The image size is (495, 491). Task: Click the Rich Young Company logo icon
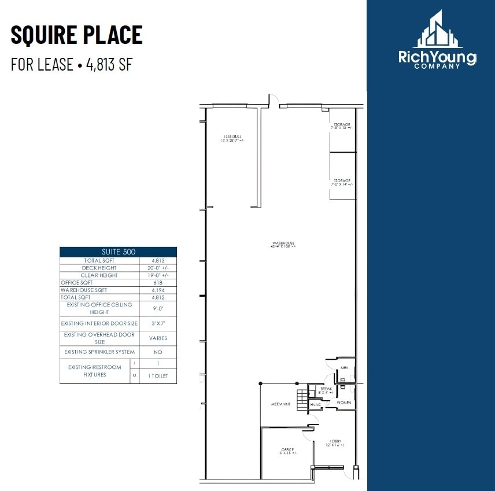tap(437, 30)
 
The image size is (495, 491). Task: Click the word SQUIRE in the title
tap(43, 35)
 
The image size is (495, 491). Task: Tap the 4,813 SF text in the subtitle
tap(109, 64)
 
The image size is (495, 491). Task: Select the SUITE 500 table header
tap(118, 252)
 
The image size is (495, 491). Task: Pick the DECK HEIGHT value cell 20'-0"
tap(158, 268)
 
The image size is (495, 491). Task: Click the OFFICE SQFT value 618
tap(158, 282)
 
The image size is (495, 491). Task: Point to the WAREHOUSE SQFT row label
tap(84, 290)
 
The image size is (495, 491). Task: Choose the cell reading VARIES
tap(158, 338)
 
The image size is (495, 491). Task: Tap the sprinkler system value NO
tap(158, 352)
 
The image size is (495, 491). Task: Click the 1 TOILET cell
tap(158, 375)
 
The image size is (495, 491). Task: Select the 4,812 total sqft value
tap(158, 297)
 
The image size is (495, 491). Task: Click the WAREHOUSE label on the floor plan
tap(283, 243)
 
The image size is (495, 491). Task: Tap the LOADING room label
tap(232, 136)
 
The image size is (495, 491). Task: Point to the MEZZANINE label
tap(280, 404)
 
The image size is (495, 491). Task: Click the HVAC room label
tap(315, 405)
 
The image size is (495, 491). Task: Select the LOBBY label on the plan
tap(335, 441)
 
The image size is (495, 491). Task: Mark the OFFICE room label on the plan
tap(287, 449)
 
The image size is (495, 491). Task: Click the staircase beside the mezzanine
tap(301, 399)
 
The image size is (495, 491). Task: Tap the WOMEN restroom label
tap(343, 403)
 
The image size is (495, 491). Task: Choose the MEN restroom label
tap(344, 368)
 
